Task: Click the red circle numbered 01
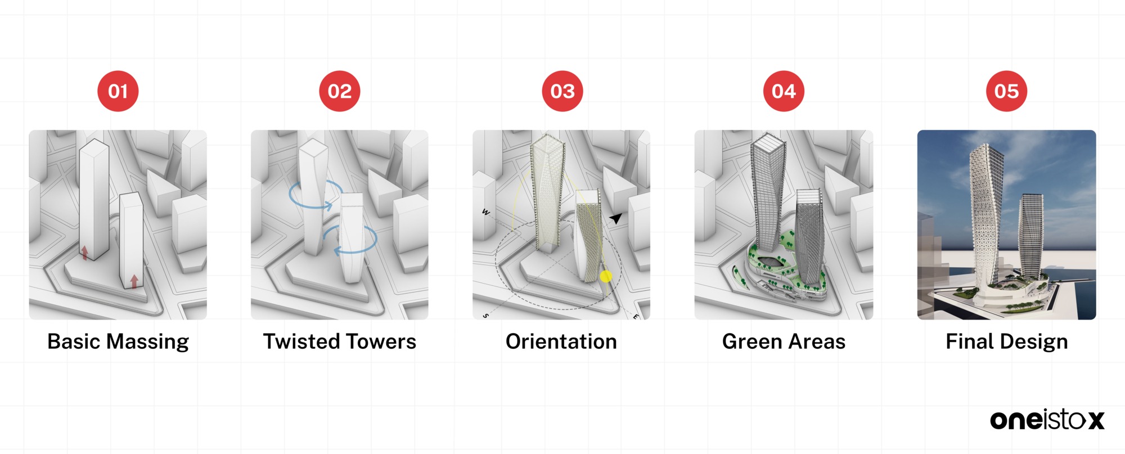pos(118,91)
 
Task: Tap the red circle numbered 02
pos(340,91)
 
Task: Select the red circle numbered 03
pos(562,91)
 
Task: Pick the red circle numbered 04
pos(784,91)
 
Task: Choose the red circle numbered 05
pos(1006,91)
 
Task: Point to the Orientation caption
pos(561,341)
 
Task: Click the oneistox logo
pos(1047,420)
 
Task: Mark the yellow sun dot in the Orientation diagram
pos(606,276)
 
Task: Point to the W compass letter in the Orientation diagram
pos(485,212)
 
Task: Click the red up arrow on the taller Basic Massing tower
pos(84,253)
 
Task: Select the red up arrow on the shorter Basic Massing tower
pos(134,281)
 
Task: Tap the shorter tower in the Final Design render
pos(1031,236)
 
